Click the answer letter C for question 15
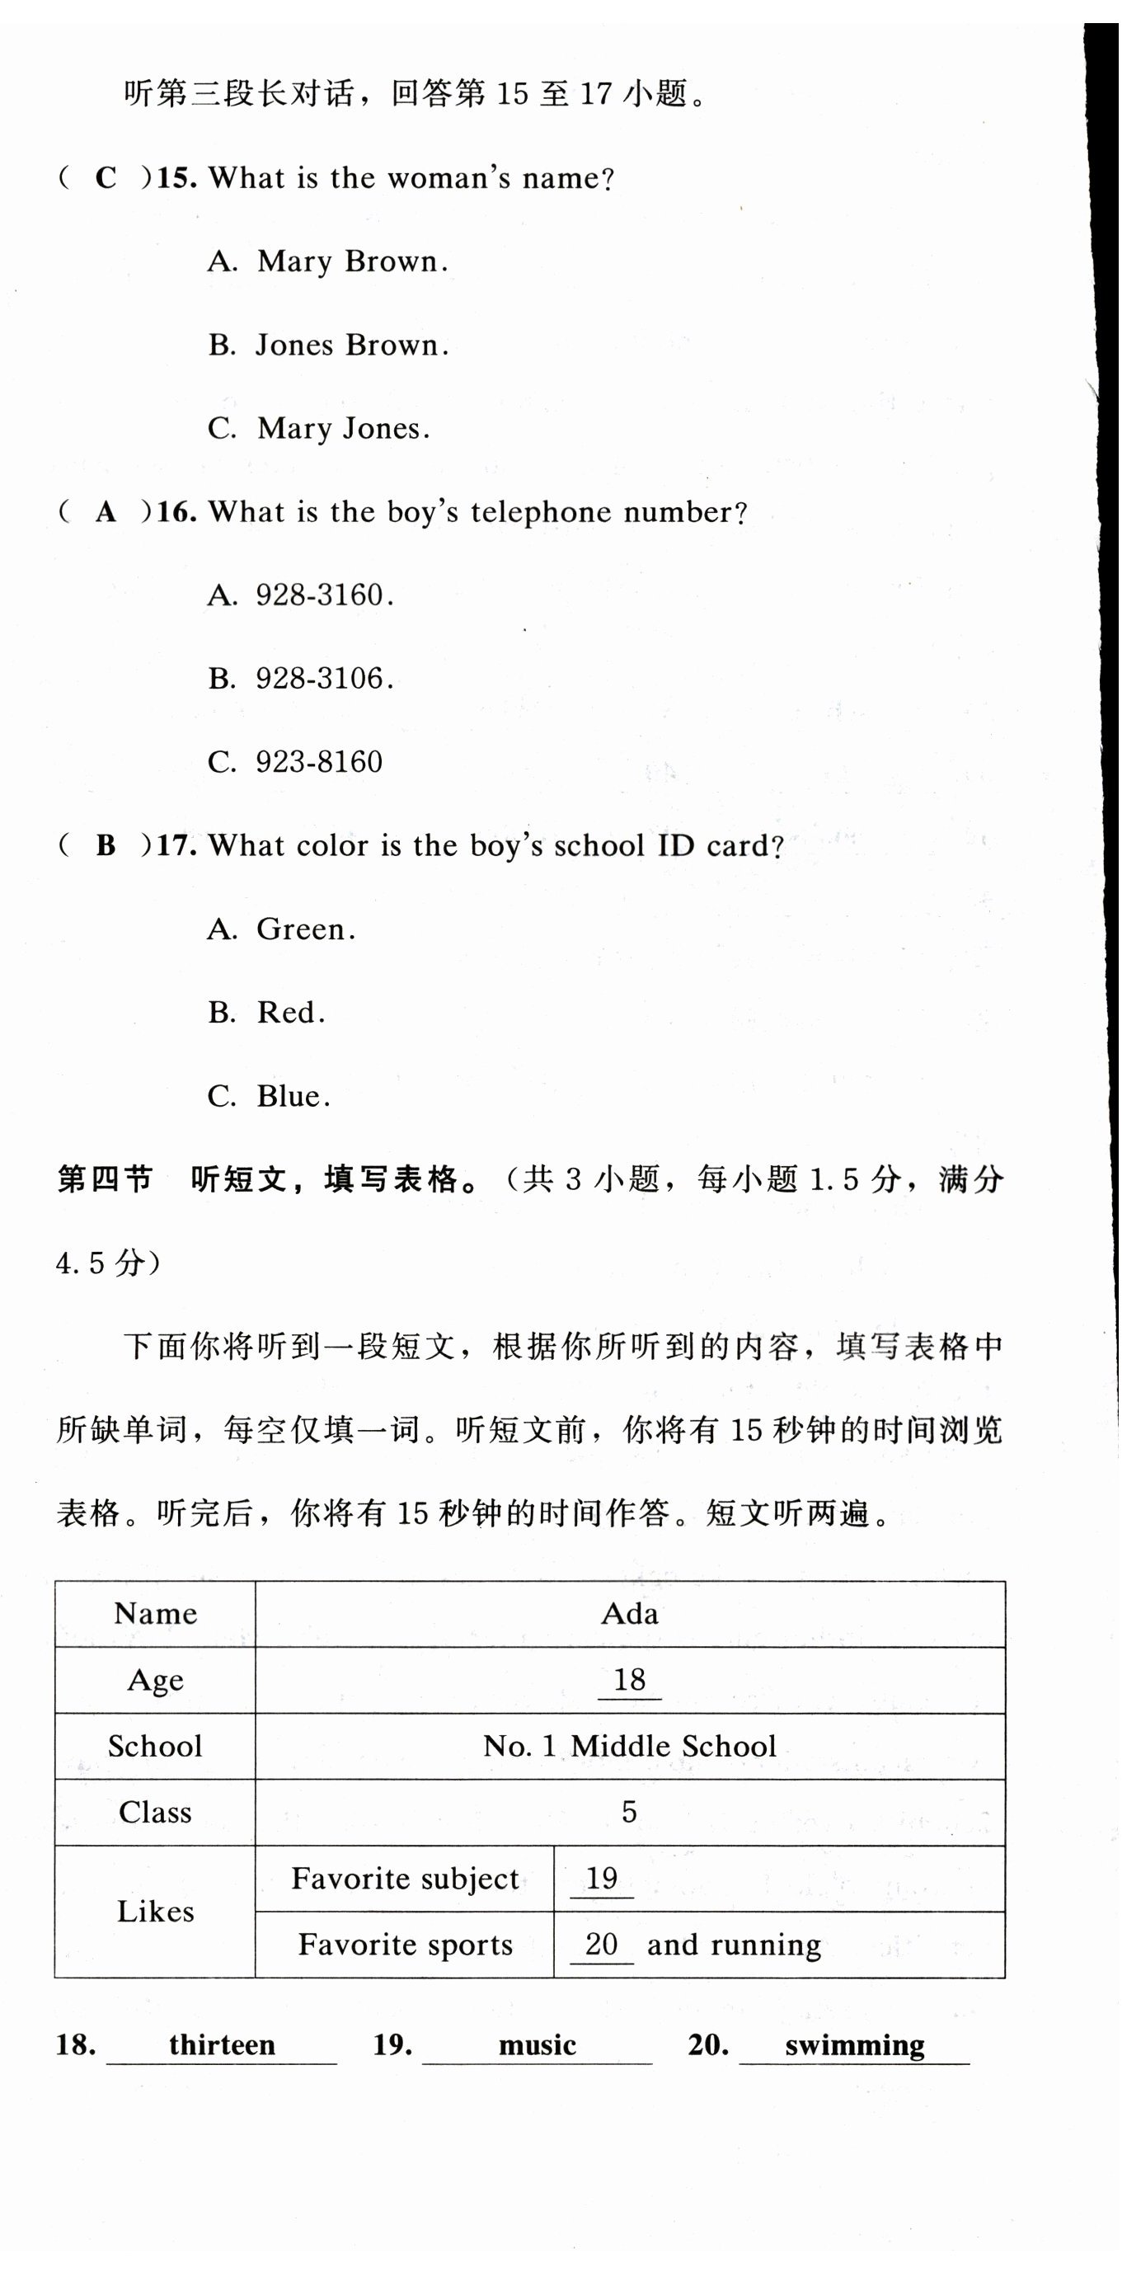pyautogui.click(x=106, y=178)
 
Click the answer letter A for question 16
pyautogui.click(x=106, y=511)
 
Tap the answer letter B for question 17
pyautogui.click(x=106, y=846)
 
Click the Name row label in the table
pyautogui.click(x=155, y=1614)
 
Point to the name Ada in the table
pyautogui.click(x=630, y=1614)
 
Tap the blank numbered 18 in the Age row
pyautogui.click(x=630, y=1680)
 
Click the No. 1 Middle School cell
pyautogui.click(x=630, y=1747)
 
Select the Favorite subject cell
pyautogui.click(x=405, y=1879)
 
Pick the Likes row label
pyautogui.click(x=155, y=1912)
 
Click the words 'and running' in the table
pyautogui.click(x=734, y=1945)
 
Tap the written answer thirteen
pyautogui.click(x=223, y=2045)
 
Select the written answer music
pyautogui.click(x=537, y=2045)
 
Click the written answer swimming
pyautogui.click(x=854, y=2045)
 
